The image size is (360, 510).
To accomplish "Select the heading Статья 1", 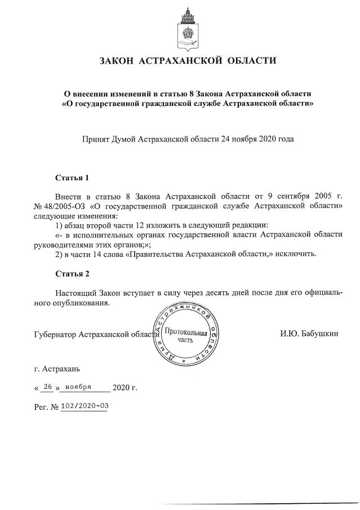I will point(72,178).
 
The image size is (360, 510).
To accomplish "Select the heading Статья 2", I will point(72,274).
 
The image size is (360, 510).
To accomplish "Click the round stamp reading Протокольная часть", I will point(185,337).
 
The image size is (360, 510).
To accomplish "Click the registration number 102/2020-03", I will point(85,405).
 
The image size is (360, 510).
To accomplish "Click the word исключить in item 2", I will point(297,254).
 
